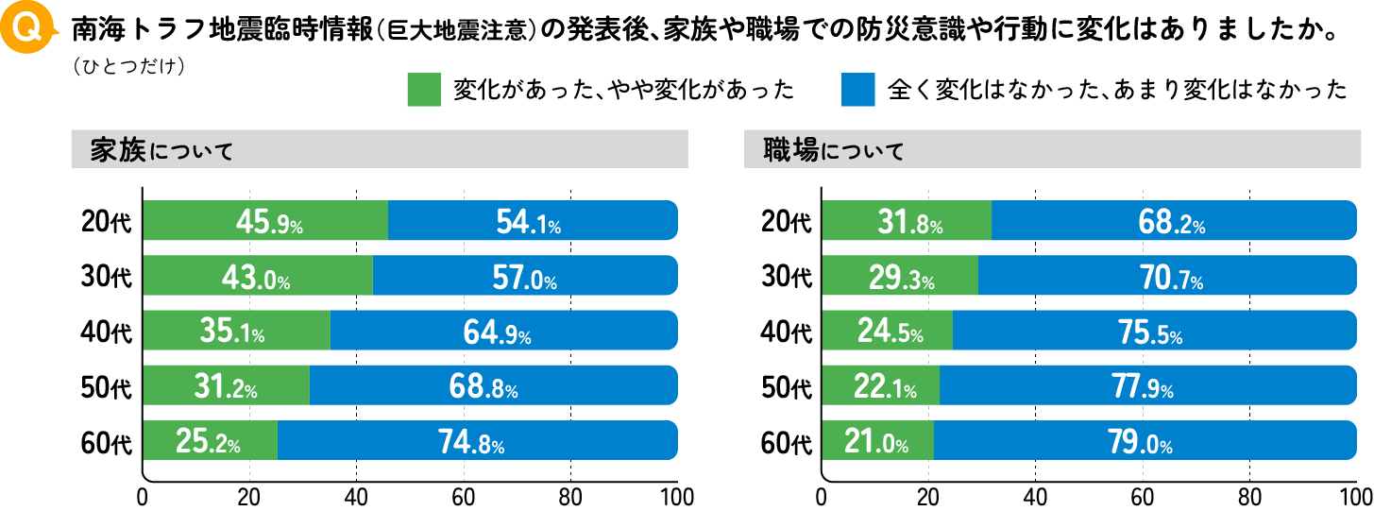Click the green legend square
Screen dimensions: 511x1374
click(424, 90)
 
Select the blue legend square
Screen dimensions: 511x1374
click(857, 90)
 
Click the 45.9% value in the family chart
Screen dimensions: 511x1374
click(268, 222)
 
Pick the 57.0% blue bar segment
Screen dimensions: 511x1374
click(524, 277)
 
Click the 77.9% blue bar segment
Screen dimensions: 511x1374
click(1152, 386)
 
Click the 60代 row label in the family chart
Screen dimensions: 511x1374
click(107, 441)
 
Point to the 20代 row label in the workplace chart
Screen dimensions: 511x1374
click(786, 222)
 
